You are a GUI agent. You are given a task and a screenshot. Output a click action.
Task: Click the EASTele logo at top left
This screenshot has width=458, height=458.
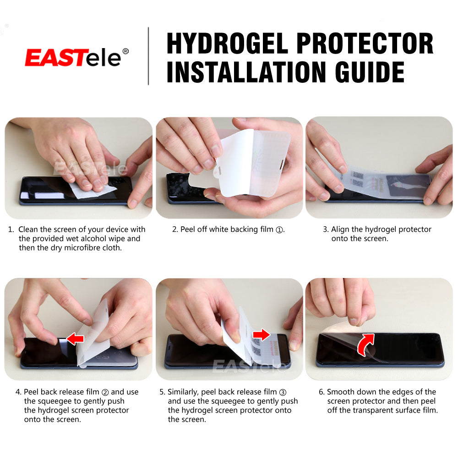tap(73, 57)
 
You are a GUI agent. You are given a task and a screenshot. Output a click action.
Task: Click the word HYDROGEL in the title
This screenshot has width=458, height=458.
tap(227, 44)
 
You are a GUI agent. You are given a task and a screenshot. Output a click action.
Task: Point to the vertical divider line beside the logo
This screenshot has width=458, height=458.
tap(148, 56)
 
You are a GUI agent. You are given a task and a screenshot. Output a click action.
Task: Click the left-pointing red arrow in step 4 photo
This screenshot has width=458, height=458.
tap(76, 339)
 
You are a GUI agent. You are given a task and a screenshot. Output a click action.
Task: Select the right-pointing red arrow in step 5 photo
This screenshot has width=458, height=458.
tap(262, 335)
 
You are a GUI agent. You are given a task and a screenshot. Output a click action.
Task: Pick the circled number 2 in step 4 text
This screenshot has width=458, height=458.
tap(105, 392)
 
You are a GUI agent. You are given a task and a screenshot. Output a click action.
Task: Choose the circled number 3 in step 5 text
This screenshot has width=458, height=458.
tap(283, 392)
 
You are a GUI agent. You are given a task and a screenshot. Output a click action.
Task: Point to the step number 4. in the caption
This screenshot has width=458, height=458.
tap(18, 392)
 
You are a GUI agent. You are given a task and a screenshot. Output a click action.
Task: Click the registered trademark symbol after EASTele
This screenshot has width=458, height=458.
tap(125, 51)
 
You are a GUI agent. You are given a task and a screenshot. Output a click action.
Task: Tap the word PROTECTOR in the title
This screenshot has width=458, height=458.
tap(365, 44)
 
